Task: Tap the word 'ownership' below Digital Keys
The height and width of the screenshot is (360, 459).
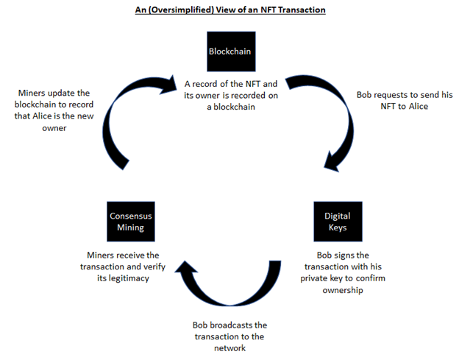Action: (x=341, y=291)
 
